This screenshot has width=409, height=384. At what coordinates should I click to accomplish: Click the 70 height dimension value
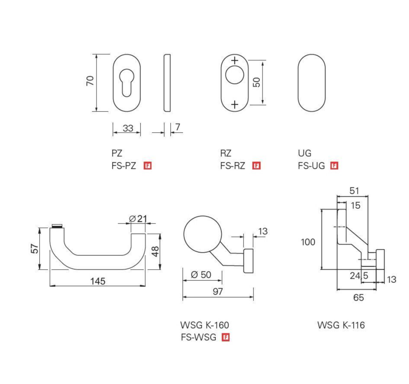90,80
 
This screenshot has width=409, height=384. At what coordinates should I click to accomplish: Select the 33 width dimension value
128,128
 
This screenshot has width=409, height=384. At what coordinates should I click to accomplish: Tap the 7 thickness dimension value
177,127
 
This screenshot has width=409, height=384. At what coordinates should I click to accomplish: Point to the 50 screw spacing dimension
257,82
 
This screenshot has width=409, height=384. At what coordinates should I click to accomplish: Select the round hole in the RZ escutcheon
234,76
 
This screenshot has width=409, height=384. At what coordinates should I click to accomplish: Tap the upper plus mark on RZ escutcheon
235,60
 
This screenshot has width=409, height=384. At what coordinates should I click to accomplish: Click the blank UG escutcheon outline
311,83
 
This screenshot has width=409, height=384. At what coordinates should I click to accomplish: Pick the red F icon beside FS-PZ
148,166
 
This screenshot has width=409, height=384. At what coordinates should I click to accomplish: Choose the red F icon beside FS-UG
334,166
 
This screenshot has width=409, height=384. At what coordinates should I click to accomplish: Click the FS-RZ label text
233,166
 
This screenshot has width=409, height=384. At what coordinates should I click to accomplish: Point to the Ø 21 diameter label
138,219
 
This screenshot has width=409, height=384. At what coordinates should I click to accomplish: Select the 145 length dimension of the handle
98,281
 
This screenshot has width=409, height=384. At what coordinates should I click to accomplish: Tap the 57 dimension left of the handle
35,249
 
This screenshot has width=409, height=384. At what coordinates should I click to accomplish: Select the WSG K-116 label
341,325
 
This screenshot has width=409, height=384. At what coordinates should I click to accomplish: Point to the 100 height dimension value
308,242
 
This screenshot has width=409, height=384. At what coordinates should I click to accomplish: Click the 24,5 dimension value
359,276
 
